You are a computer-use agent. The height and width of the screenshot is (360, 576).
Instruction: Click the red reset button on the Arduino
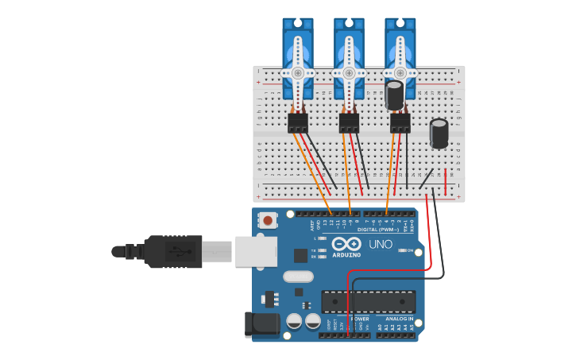tap(269, 220)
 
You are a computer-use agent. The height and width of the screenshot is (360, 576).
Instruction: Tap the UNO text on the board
tap(381, 244)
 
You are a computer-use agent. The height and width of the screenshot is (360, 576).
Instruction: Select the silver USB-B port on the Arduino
tap(256, 251)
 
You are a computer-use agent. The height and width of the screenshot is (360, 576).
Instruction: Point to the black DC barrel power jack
tap(263, 324)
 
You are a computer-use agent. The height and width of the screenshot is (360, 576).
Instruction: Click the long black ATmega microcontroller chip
tap(368, 301)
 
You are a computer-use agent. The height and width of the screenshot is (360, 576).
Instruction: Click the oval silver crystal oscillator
tap(298, 277)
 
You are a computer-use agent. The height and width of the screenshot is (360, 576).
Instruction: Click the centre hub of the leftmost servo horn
tap(298, 72)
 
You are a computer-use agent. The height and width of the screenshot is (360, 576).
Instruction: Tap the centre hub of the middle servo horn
tap(349, 72)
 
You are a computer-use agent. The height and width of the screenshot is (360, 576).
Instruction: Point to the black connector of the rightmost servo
tap(400, 122)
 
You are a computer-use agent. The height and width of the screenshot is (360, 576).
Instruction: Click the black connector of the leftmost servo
tap(298, 122)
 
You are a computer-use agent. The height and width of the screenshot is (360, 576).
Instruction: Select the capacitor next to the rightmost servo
tap(394, 95)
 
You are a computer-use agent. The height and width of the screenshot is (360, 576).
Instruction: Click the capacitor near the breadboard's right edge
tap(439, 133)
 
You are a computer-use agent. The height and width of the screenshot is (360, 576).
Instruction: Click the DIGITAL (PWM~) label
tap(378, 229)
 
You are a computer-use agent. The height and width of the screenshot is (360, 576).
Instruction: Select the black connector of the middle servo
tap(349, 122)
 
